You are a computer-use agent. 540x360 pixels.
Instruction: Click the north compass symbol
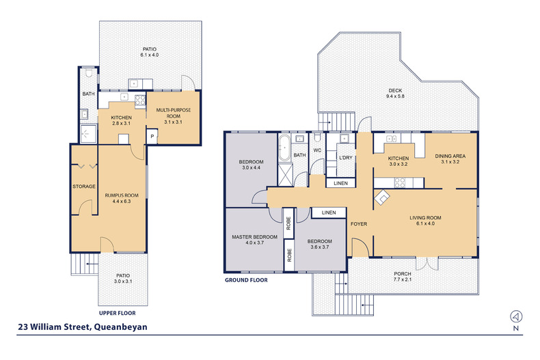coord(516,316)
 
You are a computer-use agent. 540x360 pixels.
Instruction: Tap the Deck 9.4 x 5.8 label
coord(395,94)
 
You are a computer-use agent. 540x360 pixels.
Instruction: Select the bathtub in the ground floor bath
coord(284,148)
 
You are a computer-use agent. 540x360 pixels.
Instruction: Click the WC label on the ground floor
coord(317,150)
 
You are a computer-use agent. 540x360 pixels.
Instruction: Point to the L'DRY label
coord(345,158)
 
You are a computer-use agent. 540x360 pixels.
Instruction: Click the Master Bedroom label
coord(254,237)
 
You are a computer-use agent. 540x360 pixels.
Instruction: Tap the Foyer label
coord(359,223)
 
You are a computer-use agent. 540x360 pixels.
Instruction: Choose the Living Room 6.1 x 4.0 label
coord(425,220)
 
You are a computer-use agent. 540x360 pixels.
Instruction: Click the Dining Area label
coord(450,156)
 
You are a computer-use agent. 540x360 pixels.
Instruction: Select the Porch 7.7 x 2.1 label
coord(402,277)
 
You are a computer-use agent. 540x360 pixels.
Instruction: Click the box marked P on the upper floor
coord(152,137)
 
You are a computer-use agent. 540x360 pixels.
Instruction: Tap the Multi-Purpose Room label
coord(173,113)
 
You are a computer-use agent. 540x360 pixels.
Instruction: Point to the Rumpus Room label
coord(122,195)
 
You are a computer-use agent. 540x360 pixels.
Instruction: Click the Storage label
coord(84,186)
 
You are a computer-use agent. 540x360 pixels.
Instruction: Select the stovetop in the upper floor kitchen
coord(140,100)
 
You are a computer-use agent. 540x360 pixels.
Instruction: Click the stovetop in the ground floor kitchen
coord(399,182)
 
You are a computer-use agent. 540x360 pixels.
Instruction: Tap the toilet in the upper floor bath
coord(88,72)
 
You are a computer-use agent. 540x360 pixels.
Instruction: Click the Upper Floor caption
coord(117,313)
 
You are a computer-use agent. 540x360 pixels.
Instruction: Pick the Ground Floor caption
coord(246,280)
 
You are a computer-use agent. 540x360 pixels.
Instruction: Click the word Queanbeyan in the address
coord(120,327)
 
